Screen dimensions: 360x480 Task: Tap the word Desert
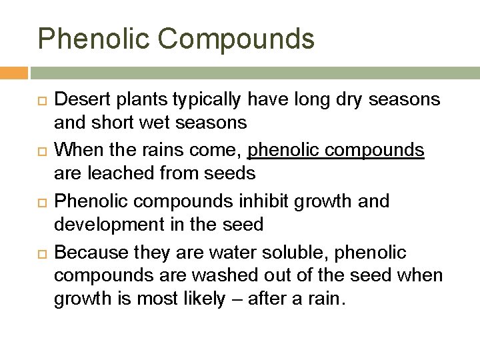pos(83,100)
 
